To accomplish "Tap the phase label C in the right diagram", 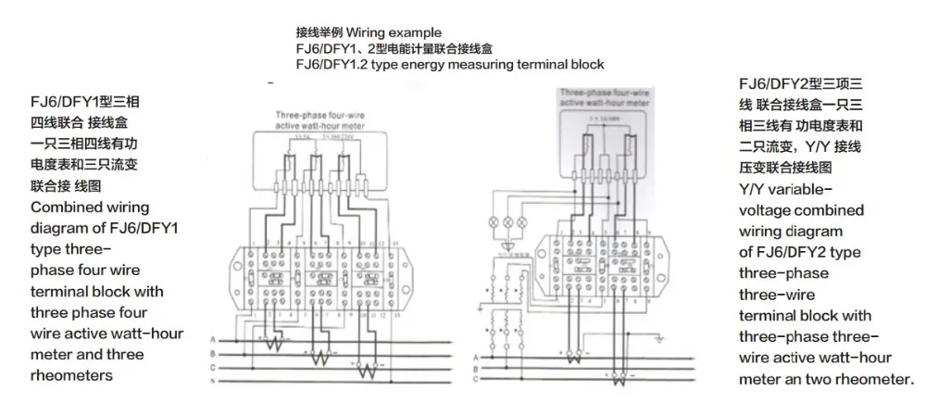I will [x=477, y=378].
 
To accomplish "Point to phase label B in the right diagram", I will [x=477, y=367].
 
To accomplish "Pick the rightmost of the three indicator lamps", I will [x=521, y=223].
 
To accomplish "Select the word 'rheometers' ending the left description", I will [x=71, y=374].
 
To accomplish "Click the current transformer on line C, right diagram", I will [x=621, y=372].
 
